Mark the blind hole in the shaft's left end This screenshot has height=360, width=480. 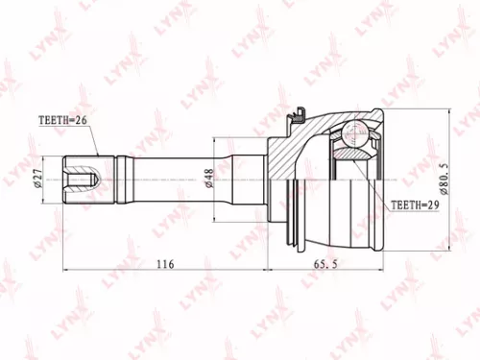point(87,179)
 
